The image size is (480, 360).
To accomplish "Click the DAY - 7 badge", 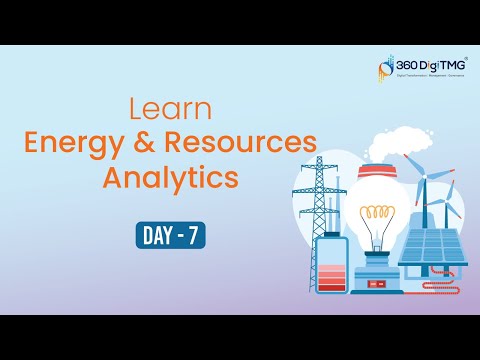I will (x=170, y=236).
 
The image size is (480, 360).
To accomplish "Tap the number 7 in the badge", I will (x=195, y=236).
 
